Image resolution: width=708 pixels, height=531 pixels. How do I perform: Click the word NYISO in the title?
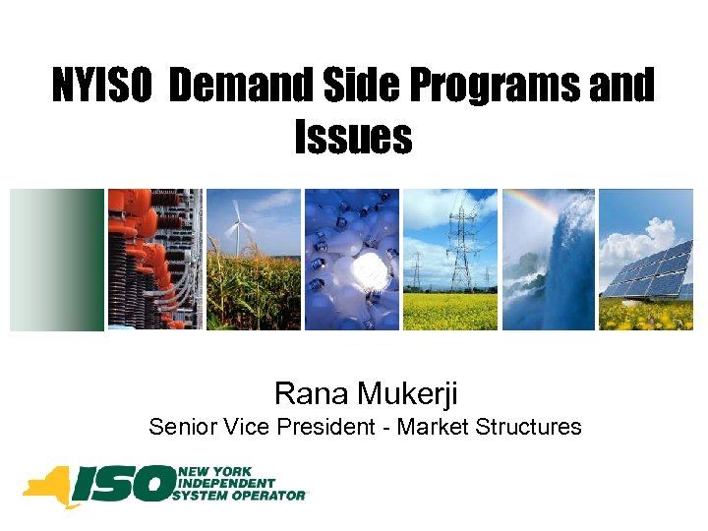pyautogui.click(x=102, y=88)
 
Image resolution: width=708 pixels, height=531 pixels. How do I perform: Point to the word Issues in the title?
pyautogui.click(x=353, y=138)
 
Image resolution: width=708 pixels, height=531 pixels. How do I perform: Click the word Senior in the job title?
pyautogui.click(x=178, y=427)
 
